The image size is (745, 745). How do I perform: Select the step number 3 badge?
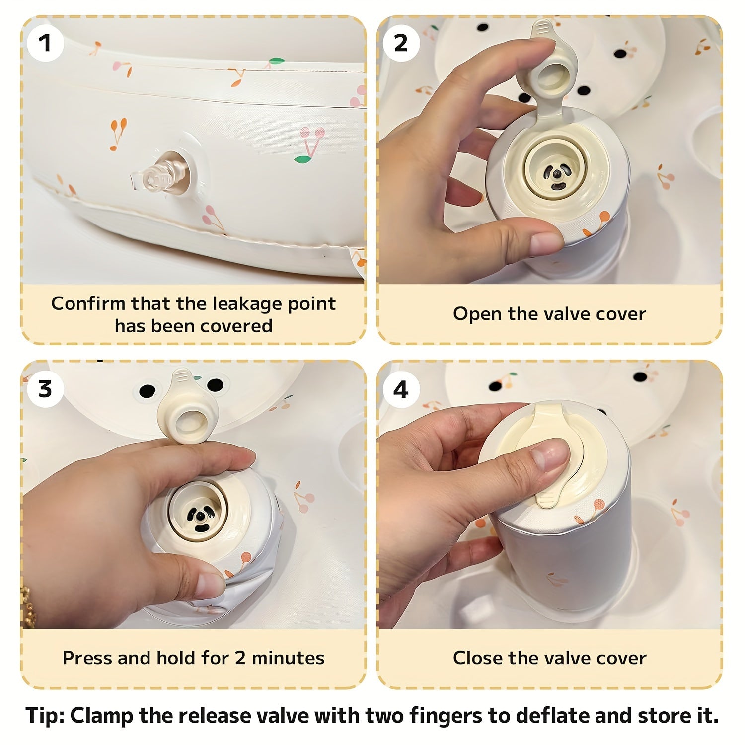[45, 389]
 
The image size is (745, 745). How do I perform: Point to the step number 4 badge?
[400, 389]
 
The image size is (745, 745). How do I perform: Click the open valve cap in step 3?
[187, 405]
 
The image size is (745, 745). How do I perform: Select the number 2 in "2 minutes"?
[240, 658]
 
